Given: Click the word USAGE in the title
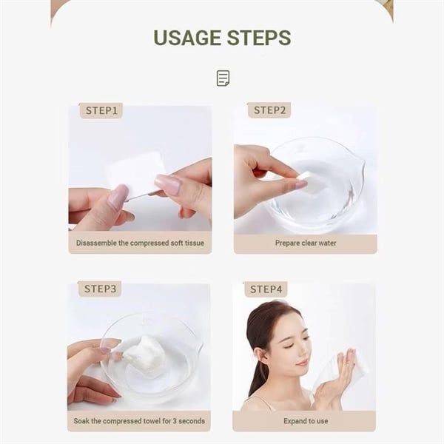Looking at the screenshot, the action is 187,38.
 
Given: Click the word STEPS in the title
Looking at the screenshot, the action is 259,38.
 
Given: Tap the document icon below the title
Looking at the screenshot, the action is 223,78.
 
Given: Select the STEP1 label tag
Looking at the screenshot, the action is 101,110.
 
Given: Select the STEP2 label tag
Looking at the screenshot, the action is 269,110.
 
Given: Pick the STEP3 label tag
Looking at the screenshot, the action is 100,289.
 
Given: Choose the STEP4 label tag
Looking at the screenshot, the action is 266,289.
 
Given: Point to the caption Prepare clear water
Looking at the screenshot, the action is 306,243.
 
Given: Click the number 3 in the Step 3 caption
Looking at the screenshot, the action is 175,421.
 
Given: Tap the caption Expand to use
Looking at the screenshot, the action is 306,421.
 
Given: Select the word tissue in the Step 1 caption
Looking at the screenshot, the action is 195,243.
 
